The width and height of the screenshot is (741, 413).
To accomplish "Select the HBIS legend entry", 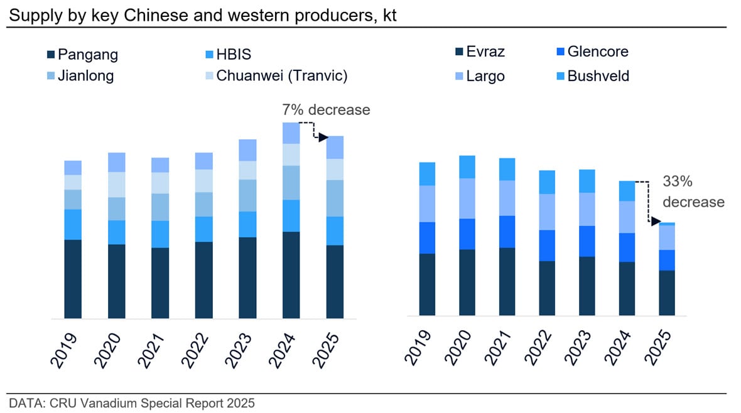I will coord(233,55).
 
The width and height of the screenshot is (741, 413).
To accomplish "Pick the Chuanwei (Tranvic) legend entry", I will coord(281,76).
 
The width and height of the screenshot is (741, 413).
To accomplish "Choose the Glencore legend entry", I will coord(597,52).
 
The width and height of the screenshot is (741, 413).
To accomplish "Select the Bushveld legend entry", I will coord(597,77).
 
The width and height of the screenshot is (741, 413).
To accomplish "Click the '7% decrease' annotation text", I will coord(325,110).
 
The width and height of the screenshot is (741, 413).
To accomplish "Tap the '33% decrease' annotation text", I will coord(693,192).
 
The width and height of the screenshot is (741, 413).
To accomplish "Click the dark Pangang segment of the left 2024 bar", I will coord(291,275).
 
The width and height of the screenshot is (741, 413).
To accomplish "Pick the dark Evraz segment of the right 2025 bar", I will coord(667,292).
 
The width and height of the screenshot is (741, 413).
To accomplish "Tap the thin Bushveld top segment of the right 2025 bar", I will coord(667,223).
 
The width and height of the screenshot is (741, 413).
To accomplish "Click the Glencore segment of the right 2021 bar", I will coord(507,232).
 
